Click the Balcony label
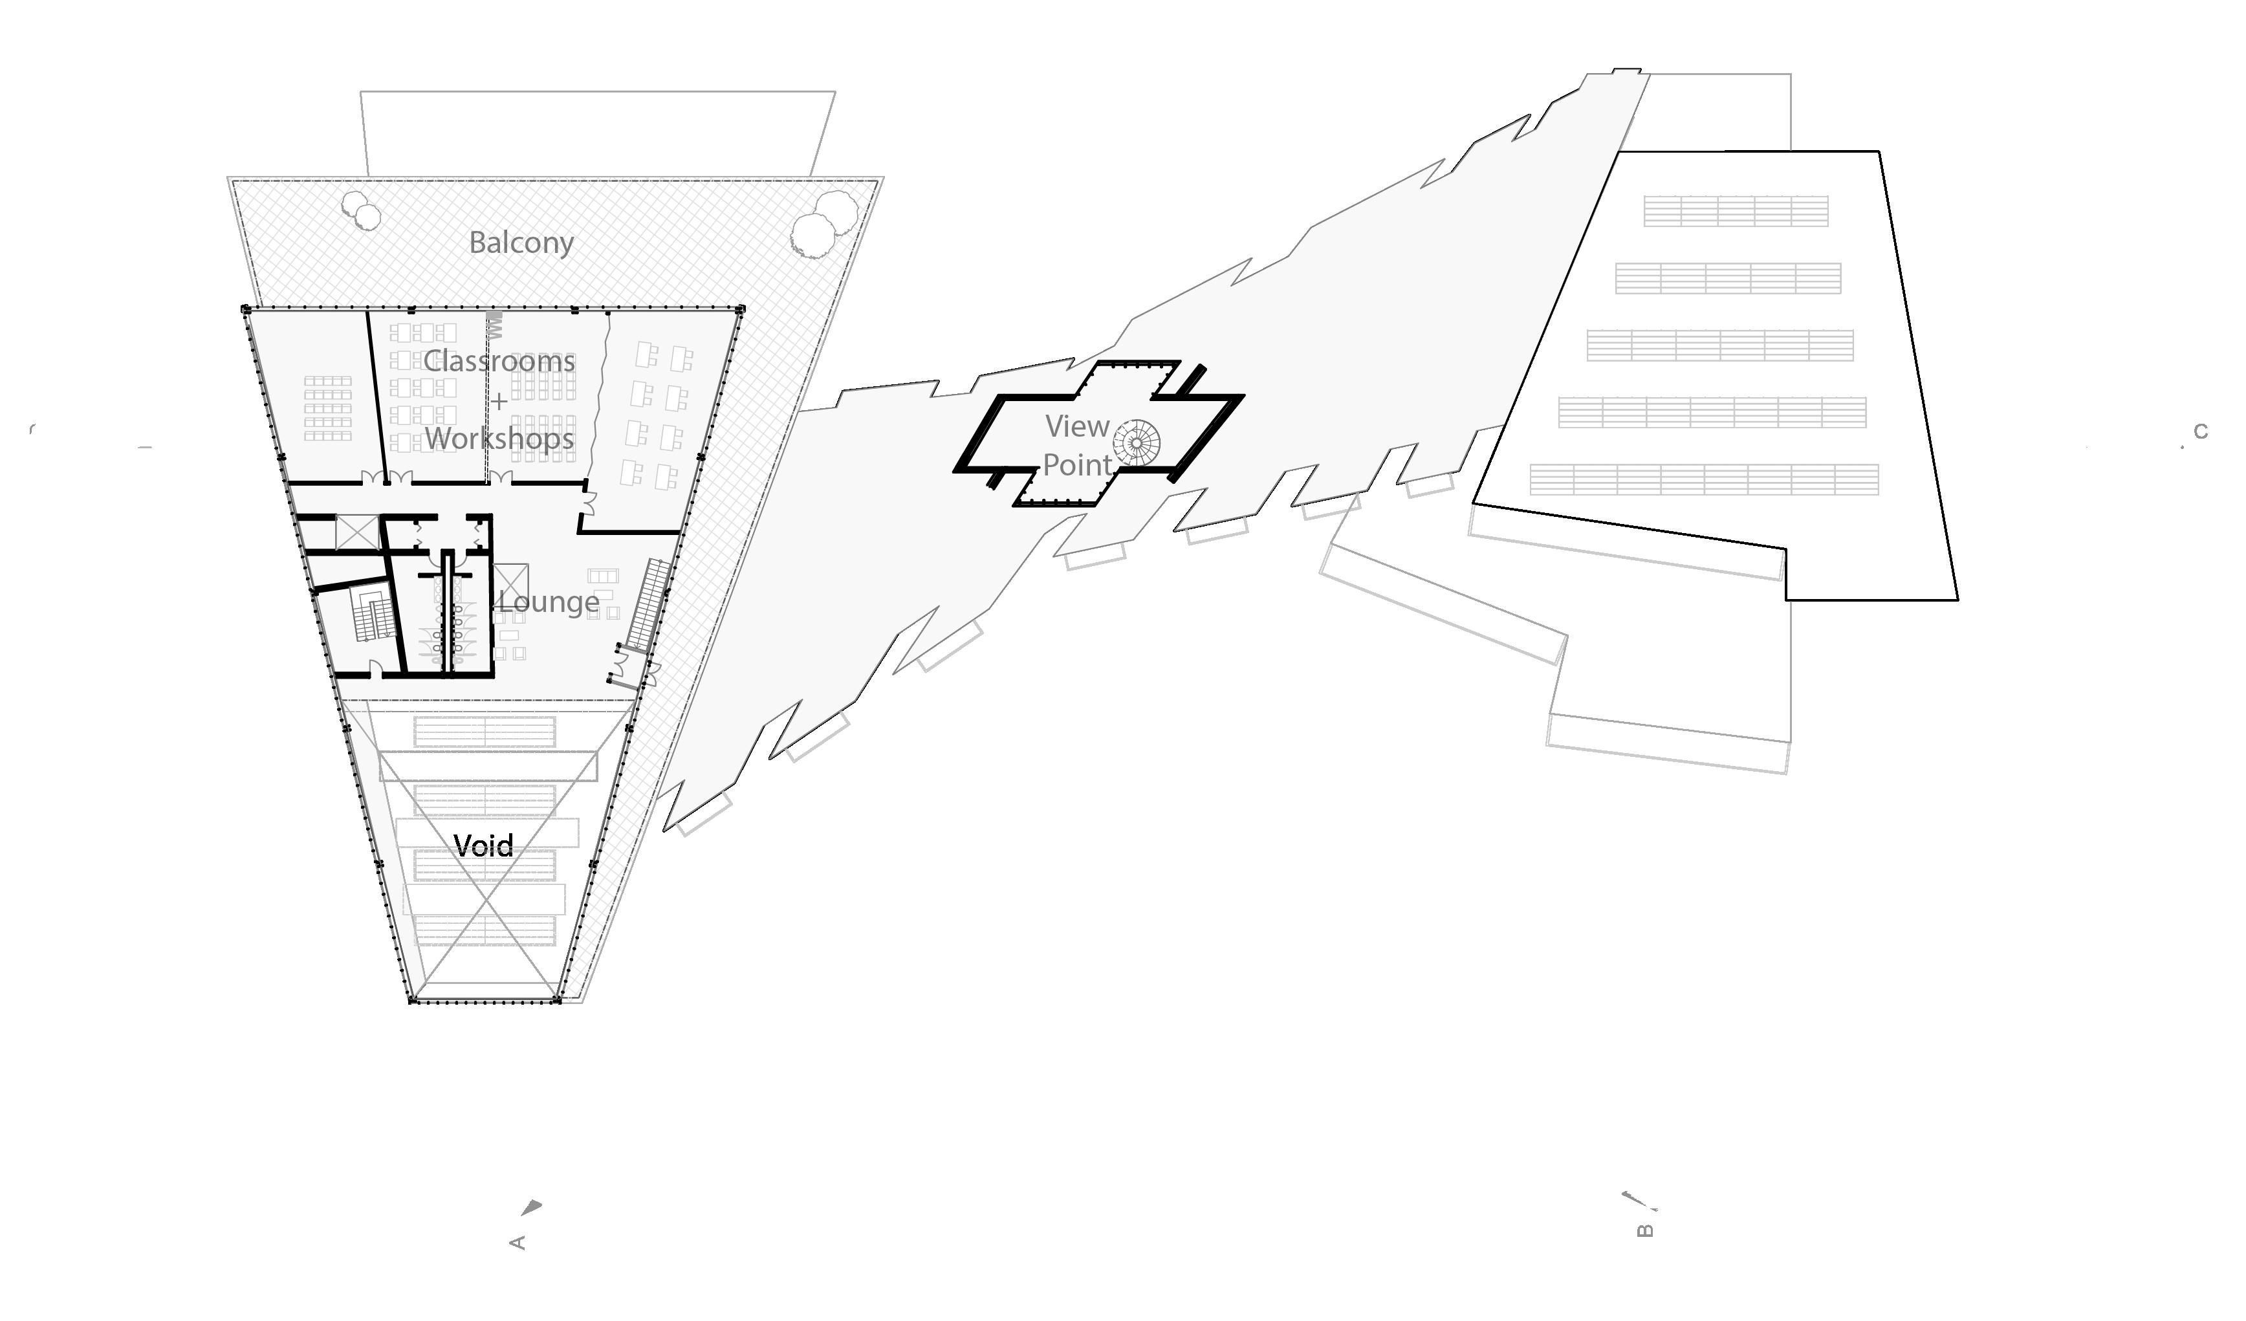521,243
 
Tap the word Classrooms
499,361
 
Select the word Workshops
499,439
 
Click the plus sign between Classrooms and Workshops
499,401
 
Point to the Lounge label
549,602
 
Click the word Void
484,845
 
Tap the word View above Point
1078,427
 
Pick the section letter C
2201,431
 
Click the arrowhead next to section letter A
532,1208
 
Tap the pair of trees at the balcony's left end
361,210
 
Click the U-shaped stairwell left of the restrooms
373,615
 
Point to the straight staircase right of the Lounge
647,604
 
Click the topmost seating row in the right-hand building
1736,212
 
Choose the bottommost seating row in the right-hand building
1704,479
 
